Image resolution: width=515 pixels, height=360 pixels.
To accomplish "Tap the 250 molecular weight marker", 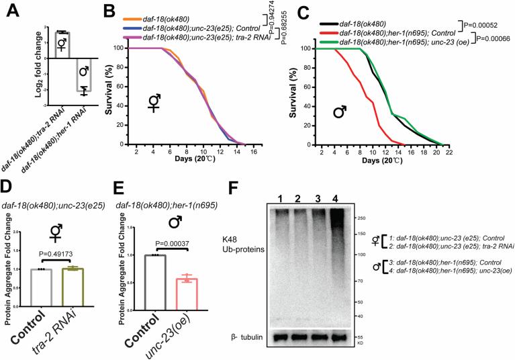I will pyautogui.click(x=363, y=218).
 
